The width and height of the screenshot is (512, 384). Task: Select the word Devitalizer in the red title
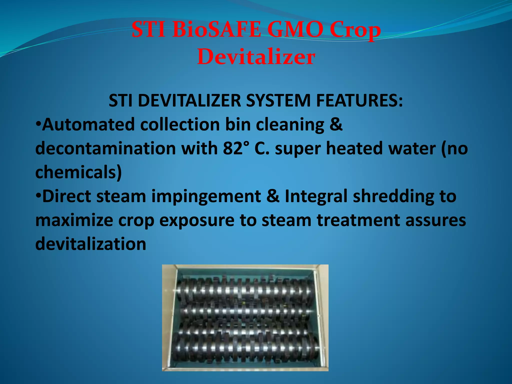click(256, 57)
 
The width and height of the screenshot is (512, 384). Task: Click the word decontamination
click(106, 148)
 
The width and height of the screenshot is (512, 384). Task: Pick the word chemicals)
click(78, 172)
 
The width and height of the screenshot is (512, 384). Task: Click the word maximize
click(74, 220)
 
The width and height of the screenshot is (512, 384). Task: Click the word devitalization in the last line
click(91, 244)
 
